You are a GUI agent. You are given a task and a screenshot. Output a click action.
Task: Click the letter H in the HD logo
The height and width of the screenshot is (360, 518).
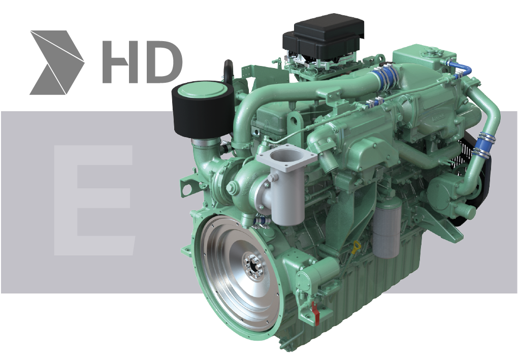click(119, 62)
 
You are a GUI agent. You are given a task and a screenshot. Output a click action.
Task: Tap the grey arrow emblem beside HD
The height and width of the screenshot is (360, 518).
click(57, 63)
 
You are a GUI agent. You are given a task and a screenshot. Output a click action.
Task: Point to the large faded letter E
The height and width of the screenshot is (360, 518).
click(94, 200)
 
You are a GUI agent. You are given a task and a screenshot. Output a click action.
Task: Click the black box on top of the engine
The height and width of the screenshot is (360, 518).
click(324, 37)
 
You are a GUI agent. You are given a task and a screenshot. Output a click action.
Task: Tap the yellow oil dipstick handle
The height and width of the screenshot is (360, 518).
click(355, 247)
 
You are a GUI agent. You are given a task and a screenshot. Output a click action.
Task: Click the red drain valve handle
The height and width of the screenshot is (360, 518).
click(316, 313)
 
